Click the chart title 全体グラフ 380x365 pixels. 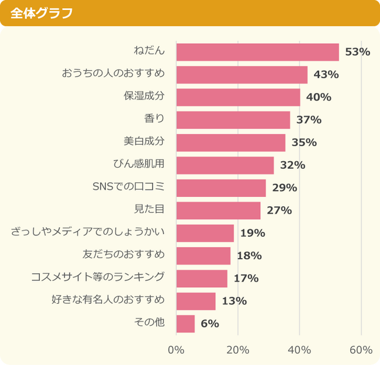(x=42, y=13)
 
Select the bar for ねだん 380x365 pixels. (x=257, y=52)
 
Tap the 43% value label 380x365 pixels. (x=326, y=75)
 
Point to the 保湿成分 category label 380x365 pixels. (x=144, y=96)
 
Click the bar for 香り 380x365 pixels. (x=233, y=120)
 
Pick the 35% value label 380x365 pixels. (x=304, y=142)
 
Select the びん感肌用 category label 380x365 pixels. (x=139, y=165)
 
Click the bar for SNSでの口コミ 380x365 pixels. (x=220, y=188)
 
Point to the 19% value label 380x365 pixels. (x=253, y=233)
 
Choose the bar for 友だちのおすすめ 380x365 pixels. (x=203, y=256)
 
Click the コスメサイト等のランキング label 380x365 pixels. (x=98, y=277)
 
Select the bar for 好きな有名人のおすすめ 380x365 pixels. (x=195, y=301)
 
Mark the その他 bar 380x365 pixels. (x=185, y=324)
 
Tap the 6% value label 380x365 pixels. (x=210, y=324)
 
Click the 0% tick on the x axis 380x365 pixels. (x=176, y=350)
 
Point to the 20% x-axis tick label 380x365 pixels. (x=238, y=350)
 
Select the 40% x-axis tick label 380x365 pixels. (x=299, y=350)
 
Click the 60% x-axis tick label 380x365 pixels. (x=361, y=350)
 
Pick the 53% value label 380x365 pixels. (x=358, y=52)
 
